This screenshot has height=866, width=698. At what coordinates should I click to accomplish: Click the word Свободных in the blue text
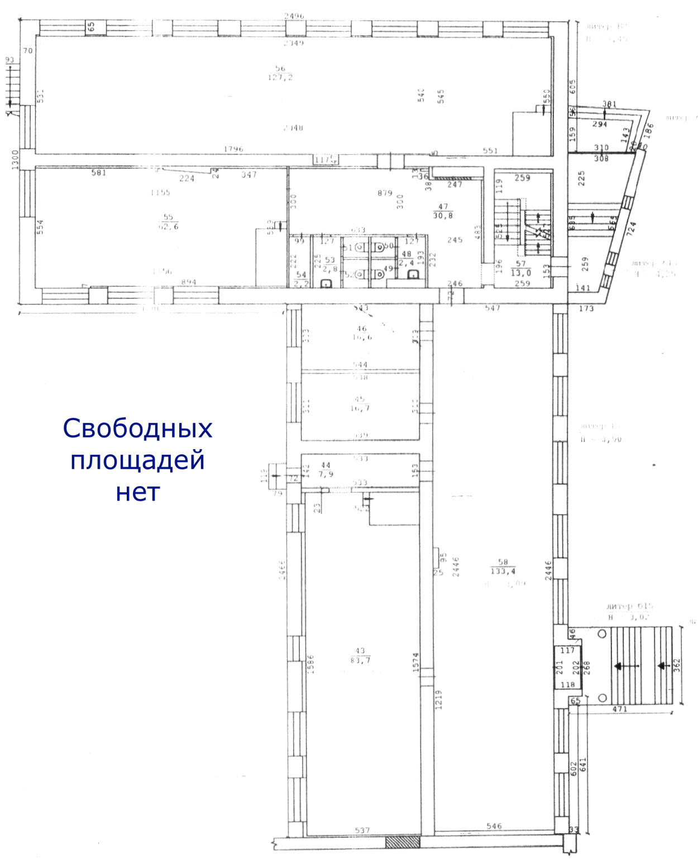137,429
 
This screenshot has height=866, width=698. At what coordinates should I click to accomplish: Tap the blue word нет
137,492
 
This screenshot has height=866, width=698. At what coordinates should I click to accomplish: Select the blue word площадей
137,461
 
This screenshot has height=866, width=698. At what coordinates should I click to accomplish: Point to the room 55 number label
168,217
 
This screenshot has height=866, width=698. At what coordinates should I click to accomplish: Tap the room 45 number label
360,399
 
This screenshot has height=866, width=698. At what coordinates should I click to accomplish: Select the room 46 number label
361,329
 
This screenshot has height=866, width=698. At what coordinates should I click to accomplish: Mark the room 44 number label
326,465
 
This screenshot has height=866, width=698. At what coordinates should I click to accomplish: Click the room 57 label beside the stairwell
520,264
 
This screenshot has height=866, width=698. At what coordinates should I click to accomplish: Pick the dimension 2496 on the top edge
294,16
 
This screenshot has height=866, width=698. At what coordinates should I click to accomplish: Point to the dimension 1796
233,149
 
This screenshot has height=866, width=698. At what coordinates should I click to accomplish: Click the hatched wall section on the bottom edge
403,841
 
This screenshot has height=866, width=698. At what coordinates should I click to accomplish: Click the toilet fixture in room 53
328,283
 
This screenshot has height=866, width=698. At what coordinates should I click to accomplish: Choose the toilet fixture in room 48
414,274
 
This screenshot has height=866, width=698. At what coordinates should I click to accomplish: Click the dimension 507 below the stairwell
492,308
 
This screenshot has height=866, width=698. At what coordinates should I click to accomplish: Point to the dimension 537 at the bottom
362,831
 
